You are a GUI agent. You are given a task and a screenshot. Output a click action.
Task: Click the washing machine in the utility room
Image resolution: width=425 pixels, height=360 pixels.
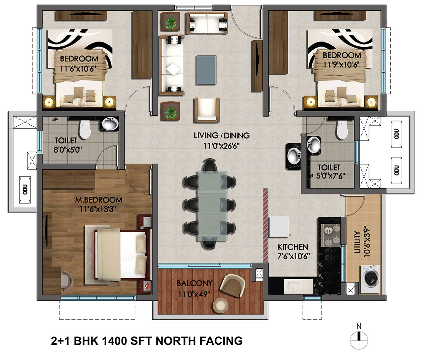pyautogui.click(x=370, y=280)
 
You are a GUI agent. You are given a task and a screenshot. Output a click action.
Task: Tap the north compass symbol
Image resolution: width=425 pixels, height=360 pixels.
pyautogui.click(x=359, y=337)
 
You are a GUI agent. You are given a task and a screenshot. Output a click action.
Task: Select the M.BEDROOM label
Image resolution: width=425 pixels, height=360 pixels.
pyautogui.click(x=99, y=200)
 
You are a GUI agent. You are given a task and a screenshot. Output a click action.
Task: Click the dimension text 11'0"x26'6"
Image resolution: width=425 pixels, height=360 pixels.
pyautogui.click(x=221, y=146)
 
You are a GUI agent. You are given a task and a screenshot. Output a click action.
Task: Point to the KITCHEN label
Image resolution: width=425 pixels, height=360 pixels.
pyautogui.click(x=293, y=247)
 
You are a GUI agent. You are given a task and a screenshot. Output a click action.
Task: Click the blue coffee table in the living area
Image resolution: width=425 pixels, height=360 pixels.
pyautogui.click(x=206, y=70)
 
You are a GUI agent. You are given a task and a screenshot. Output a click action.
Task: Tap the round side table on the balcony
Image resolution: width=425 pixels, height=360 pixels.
pyautogui.click(x=220, y=305)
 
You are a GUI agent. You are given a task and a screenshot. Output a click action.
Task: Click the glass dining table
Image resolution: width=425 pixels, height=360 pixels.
pyautogui.click(x=212, y=206)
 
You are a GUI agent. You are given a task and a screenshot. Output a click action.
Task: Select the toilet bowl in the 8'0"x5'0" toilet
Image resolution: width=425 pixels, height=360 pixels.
pyautogui.click(x=85, y=129)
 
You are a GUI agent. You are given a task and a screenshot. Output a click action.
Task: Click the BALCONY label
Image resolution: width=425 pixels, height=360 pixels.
pyautogui.click(x=194, y=284)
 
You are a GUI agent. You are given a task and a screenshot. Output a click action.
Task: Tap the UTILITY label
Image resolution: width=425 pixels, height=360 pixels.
pyautogui.click(x=357, y=242)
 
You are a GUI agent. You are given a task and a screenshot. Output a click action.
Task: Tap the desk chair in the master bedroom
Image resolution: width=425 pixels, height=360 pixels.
pyautogui.click(x=67, y=280)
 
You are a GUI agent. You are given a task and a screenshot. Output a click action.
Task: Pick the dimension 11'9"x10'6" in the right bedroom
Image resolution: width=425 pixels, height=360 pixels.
pyautogui.click(x=341, y=64)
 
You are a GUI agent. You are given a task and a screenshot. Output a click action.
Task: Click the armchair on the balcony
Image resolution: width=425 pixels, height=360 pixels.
pyautogui.click(x=232, y=286)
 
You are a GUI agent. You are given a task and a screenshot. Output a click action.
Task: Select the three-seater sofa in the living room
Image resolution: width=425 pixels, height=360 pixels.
pyautogui.click(x=172, y=65)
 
